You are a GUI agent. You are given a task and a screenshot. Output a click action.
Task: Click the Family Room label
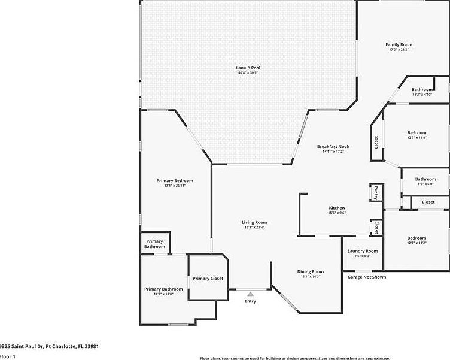click(x=399, y=44)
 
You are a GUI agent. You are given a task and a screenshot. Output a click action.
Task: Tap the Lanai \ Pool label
click(x=248, y=68)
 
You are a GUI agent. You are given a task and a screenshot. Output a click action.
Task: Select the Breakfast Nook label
click(x=333, y=146)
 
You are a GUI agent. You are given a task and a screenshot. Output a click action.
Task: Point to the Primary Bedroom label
click(x=175, y=180)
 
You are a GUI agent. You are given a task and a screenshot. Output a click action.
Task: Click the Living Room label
click(x=254, y=222)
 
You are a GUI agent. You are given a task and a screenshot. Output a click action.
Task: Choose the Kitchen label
click(x=337, y=208)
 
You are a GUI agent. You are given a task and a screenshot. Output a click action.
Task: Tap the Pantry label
click(x=376, y=192)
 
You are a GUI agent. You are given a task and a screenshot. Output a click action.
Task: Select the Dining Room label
click(x=311, y=271)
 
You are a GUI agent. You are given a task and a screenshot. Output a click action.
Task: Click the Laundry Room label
click(x=363, y=250)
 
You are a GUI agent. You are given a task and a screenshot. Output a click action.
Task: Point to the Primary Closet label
click(x=208, y=278)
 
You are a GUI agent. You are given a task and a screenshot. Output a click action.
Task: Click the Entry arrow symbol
click(x=250, y=294)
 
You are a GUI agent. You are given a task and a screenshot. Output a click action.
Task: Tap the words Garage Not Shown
click(x=367, y=277)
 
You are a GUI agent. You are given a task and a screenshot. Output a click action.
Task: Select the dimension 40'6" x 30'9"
click(x=248, y=73)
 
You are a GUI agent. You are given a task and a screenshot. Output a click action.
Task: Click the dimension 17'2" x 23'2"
click(x=399, y=50)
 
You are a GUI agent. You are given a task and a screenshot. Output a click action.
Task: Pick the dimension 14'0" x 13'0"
click(x=163, y=294)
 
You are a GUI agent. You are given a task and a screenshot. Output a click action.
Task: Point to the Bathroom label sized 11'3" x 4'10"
click(x=422, y=89)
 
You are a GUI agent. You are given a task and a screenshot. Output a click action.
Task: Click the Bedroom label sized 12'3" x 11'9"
click(x=417, y=132)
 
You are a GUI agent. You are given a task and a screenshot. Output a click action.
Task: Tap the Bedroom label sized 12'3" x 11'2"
click(x=417, y=238)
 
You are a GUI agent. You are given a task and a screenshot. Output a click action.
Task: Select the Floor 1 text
click(x=8, y=356)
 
